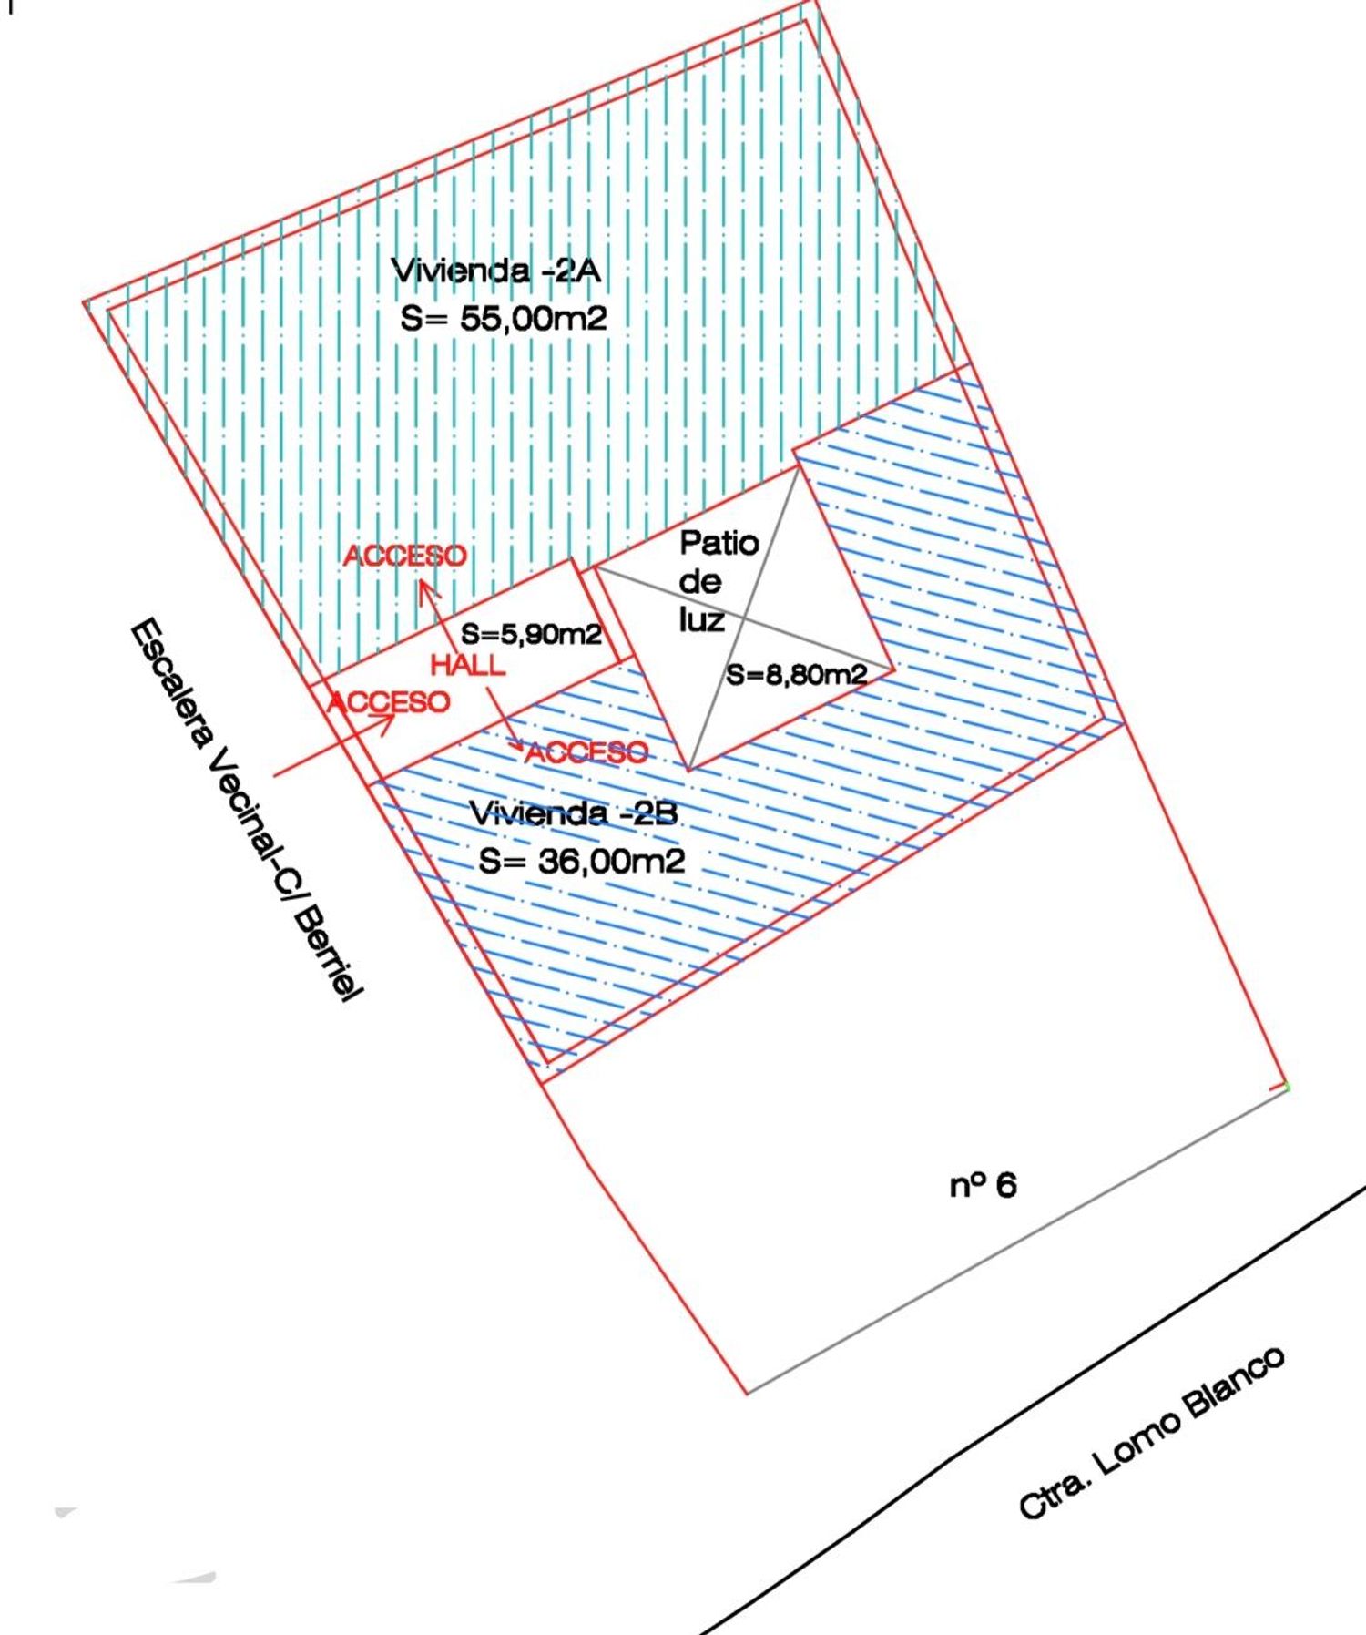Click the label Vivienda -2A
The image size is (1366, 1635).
pyautogui.click(x=496, y=271)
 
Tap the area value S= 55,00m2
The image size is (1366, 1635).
pyautogui.click(x=504, y=319)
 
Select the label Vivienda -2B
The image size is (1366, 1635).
pyautogui.click(x=573, y=812)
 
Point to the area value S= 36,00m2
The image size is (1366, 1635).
pyautogui.click(x=582, y=861)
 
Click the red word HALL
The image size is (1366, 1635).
pyautogui.click(x=467, y=665)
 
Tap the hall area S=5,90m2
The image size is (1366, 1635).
pyautogui.click(x=531, y=634)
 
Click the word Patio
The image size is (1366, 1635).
pyautogui.click(x=719, y=543)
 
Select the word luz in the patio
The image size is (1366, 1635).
pyautogui.click(x=700, y=620)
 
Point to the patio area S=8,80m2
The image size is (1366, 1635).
pyautogui.click(x=796, y=675)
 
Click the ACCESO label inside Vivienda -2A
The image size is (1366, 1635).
pyautogui.click(x=404, y=556)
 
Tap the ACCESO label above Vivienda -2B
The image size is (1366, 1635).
pyautogui.click(x=587, y=752)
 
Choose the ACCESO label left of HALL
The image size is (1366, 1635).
pyautogui.click(x=388, y=701)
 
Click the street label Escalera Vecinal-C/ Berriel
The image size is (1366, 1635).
pyautogui.click(x=245, y=811)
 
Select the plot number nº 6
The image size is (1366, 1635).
pyautogui.click(x=983, y=1186)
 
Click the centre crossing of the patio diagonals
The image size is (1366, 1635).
pyautogui.click(x=745, y=618)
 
